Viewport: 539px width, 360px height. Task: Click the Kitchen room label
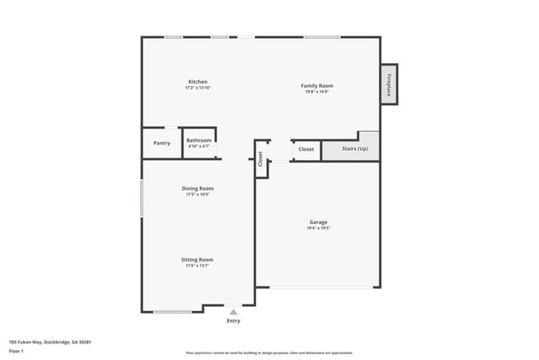click(x=197, y=82)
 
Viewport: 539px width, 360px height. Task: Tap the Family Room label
click(x=317, y=85)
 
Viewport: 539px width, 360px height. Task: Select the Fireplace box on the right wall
click(x=389, y=84)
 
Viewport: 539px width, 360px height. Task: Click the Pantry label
click(x=162, y=143)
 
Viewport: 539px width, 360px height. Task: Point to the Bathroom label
click(x=198, y=140)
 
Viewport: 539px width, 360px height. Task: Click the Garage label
click(x=318, y=221)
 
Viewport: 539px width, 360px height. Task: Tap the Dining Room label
click(x=197, y=188)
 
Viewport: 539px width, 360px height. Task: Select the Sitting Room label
click(x=197, y=260)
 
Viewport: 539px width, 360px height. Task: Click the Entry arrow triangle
click(x=233, y=312)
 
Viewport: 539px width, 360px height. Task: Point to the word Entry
click(x=233, y=321)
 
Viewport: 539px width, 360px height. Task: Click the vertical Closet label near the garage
click(x=260, y=158)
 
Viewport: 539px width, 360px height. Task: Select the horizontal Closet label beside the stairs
click(x=306, y=149)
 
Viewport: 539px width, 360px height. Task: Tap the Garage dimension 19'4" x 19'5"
click(x=318, y=227)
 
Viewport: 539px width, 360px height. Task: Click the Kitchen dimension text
click(x=197, y=88)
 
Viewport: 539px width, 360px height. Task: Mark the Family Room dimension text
click(x=317, y=91)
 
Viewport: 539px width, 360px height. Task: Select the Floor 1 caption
click(x=17, y=351)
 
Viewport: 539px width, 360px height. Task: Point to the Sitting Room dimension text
click(x=197, y=265)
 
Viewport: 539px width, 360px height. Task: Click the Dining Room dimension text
click(x=197, y=194)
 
